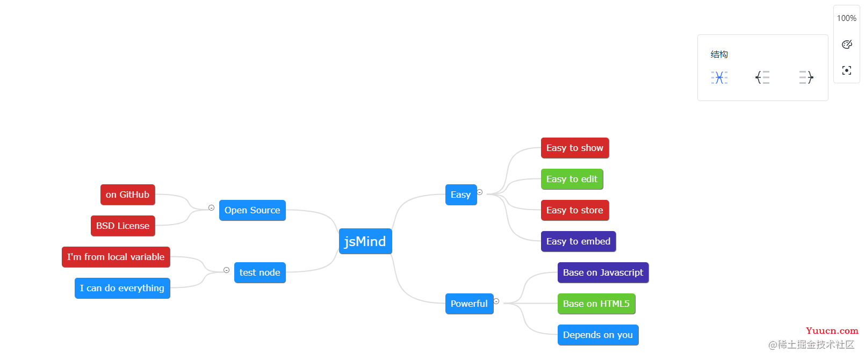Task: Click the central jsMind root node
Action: (x=365, y=241)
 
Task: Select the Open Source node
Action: (x=253, y=210)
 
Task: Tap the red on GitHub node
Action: (x=128, y=195)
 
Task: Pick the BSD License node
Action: (x=123, y=226)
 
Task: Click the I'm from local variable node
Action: (x=116, y=257)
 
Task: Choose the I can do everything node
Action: (x=122, y=288)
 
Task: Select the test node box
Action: (x=260, y=273)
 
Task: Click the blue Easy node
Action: (x=461, y=195)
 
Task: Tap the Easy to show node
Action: (x=575, y=148)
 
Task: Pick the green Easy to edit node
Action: (x=572, y=179)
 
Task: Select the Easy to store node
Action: (x=575, y=210)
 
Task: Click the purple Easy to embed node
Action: (x=579, y=241)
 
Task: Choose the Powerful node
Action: (x=470, y=304)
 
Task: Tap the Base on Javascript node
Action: (x=603, y=273)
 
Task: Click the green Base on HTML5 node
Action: (x=596, y=304)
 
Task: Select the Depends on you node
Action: (x=598, y=335)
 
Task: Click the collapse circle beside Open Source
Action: (x=211, y=208)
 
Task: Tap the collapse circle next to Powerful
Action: (x=496, y=301)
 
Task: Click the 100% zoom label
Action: (x=847, y=18)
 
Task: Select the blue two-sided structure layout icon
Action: (x=719, y=77)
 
